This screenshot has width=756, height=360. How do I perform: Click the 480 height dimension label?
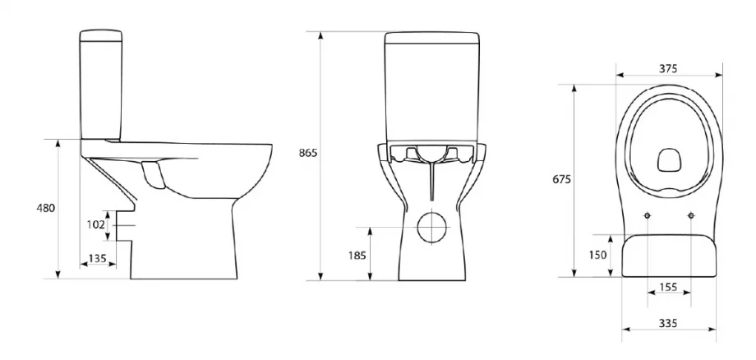tap(44, 208)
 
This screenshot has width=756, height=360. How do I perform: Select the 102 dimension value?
tap(95, 224)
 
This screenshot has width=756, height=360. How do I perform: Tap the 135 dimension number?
tap(96, 258)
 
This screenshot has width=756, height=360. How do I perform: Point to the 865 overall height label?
tap(307, 154)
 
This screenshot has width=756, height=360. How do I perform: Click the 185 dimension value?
tap(357, 256)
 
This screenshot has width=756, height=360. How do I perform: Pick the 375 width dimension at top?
tap(667, 69)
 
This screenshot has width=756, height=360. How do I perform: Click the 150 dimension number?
tap(597, 255)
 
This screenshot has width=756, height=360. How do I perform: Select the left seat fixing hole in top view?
tap(648, 216)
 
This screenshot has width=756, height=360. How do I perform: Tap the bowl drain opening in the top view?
tap(669, 159)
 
